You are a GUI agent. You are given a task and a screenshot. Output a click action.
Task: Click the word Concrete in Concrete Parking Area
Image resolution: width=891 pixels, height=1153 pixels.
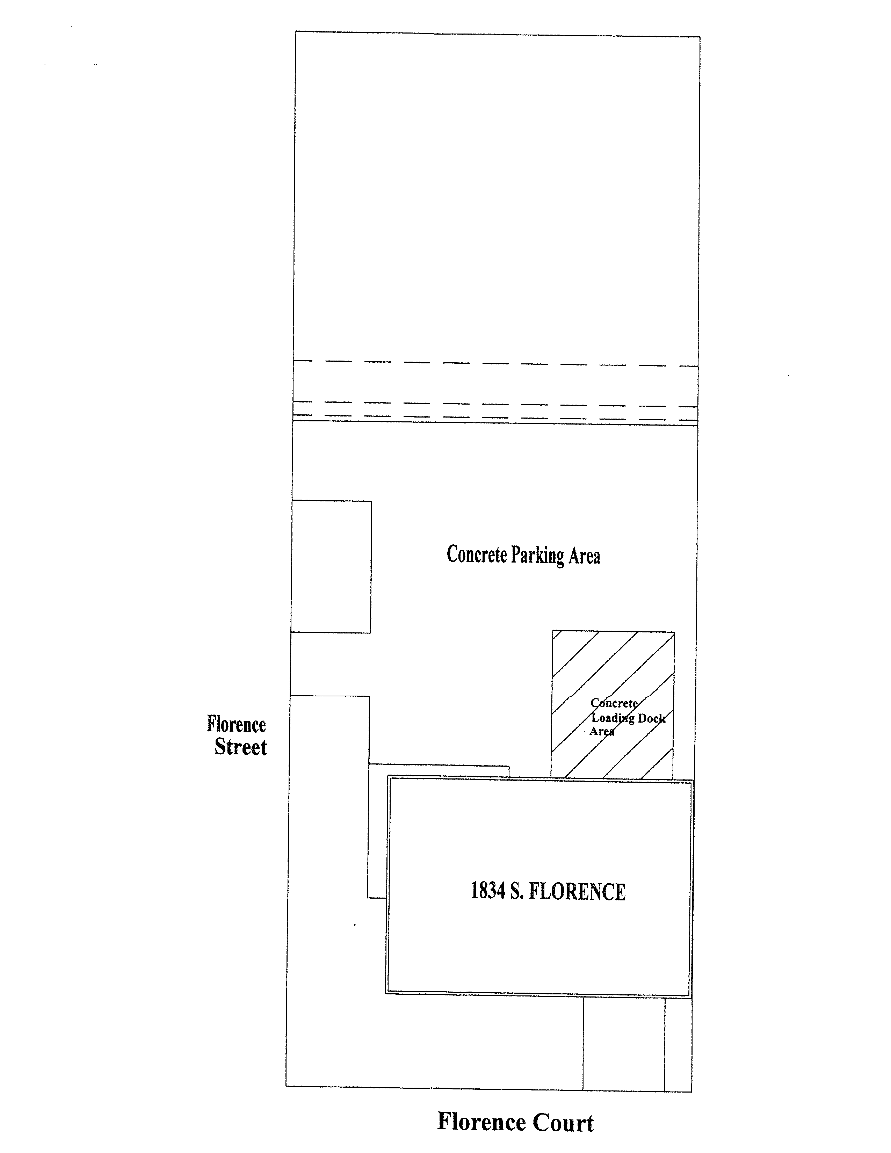(476, 554)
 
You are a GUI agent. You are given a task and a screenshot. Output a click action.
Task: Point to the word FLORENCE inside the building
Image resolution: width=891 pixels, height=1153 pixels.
(577, 892)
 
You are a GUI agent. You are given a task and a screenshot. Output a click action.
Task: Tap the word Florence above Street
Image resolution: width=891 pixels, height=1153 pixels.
(236, 724)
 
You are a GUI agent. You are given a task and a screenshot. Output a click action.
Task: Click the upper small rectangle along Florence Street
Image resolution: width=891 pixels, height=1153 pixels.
(331, 566)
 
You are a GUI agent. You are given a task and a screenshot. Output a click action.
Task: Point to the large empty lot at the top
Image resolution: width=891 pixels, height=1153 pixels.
(496, 195)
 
